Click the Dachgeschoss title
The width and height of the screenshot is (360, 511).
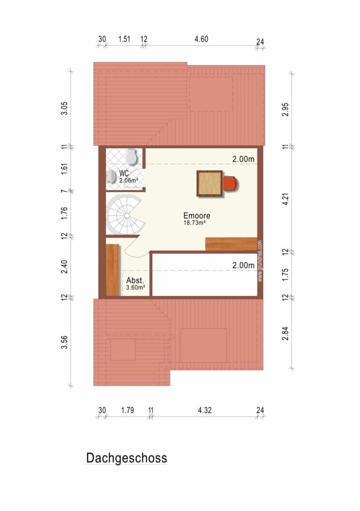[x=126, y=458]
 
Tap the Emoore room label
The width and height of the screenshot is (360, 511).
[x=197, y=215]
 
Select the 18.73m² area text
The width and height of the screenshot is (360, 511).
[x=194, y=223]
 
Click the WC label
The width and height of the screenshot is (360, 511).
[x=124, y=173]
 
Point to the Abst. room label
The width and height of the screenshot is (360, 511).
[x=135, y=280]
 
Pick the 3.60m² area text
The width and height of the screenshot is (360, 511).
[x=135, y=288]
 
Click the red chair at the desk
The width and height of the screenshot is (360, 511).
[x=231, y=183]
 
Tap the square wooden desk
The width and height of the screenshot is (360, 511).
[x=210, y=184]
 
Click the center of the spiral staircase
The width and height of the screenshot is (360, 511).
[x=126, y=215]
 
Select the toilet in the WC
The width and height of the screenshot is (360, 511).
[x=132, y=157]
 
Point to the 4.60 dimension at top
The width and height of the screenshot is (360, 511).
[x=202, y=39]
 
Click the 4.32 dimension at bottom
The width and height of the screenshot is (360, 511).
[x=205, y=410]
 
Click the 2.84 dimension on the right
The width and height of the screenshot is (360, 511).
[x=285, y=334]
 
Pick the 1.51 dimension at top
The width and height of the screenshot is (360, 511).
[x=124, y=39]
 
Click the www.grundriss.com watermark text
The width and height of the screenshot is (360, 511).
[x=260, y=261]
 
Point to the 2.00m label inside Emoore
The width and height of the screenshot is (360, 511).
[x=243, y=159]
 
